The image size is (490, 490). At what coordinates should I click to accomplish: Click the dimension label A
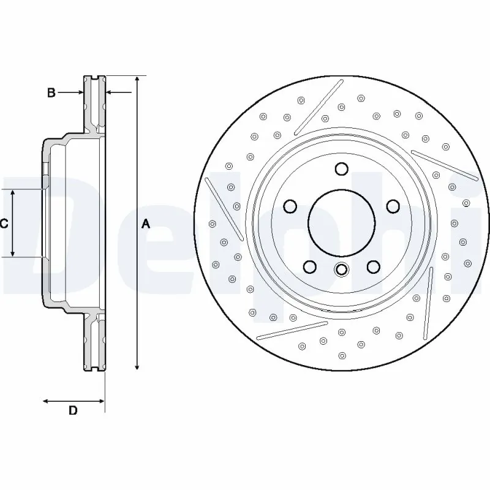pos(146,224)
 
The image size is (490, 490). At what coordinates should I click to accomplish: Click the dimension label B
pos(52,92)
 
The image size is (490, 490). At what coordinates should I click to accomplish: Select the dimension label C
pos(4,224)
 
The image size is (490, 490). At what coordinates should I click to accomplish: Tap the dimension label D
pos(72,411)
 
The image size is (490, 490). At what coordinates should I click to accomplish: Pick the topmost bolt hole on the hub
pos(342,169)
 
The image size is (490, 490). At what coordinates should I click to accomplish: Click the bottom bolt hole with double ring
pos(342,269)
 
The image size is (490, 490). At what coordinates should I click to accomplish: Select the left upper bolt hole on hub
pos(291,206)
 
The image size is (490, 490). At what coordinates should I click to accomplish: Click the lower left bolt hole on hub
pos(311,266)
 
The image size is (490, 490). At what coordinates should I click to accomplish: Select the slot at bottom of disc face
pos(293,330)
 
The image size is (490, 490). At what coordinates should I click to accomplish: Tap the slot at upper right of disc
pos(444,165)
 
